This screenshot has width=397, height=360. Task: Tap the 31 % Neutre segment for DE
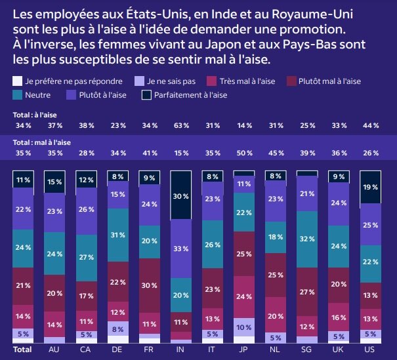coord(117,235)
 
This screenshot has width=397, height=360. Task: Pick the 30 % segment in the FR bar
coord(149,285)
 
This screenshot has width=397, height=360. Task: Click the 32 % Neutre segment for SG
coord(307,239)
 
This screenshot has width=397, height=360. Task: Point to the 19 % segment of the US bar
coord(371,187)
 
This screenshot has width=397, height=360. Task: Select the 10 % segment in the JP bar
coord(244,327)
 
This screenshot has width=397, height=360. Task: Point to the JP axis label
coord(244,350)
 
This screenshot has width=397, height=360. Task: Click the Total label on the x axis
coord(23,350)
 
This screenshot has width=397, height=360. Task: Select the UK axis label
coord(339,350)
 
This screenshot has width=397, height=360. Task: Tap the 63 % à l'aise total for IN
coord(180,125)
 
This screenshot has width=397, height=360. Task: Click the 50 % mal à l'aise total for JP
coord(244,153)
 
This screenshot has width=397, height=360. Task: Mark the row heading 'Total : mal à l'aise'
coord(42,142)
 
